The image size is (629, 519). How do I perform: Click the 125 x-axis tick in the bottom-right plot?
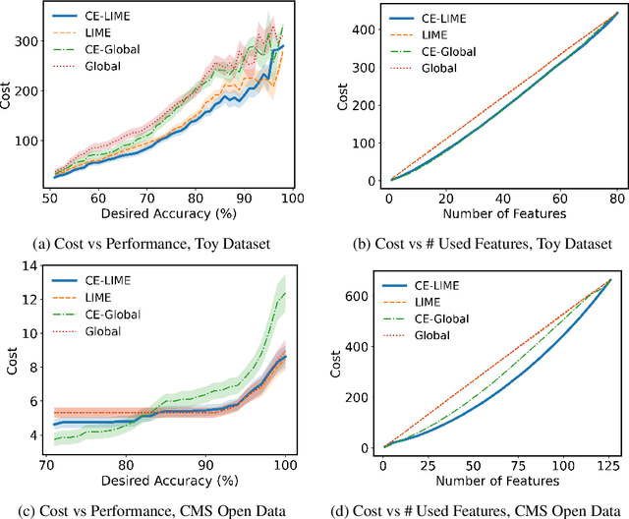pyautogui.click(x=609, y=464)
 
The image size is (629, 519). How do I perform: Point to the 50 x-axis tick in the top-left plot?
pyautogui.click(x=50, y=198)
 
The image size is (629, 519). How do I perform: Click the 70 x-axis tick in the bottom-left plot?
pyautogui.click(x=45, y=464)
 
